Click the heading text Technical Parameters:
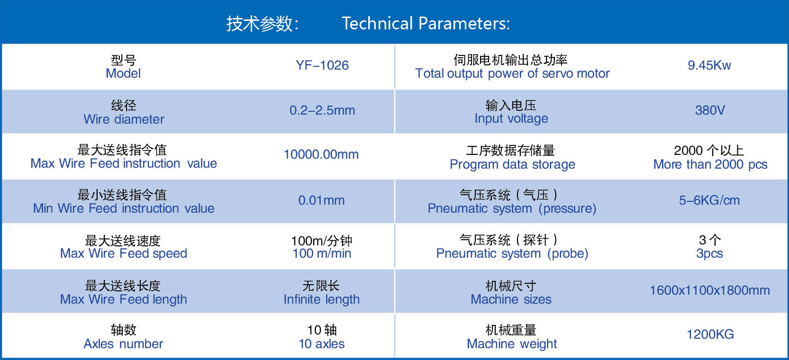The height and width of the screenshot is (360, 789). click(426, 24)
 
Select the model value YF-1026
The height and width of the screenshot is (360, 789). click(322, 65)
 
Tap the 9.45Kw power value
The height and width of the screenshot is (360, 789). click(709, 65)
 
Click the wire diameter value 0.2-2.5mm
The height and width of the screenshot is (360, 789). click(322, 110)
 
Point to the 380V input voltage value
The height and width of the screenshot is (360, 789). click(710, 110)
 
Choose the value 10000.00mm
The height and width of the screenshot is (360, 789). click(321, 154)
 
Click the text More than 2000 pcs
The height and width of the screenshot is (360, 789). click(710, 164)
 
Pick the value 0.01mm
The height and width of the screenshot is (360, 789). click(321, 200)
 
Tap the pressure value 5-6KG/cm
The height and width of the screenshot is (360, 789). click(709, 200)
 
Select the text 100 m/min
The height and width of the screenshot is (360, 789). click(322, 253)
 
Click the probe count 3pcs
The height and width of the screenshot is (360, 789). click(709, 253)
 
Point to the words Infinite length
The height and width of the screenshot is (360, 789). click(322, 299)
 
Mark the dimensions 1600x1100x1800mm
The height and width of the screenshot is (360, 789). click(709, 290)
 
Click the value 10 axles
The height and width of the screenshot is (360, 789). click(322, 344)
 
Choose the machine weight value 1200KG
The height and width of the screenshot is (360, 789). click(710, 334)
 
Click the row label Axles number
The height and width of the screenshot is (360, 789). click(123, 344)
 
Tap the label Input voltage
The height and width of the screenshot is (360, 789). click(511, 119)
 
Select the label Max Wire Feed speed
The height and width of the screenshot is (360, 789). click(123, 253)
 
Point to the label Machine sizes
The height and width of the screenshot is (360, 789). click(511, 299)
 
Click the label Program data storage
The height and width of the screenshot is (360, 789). click(512, 164)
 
